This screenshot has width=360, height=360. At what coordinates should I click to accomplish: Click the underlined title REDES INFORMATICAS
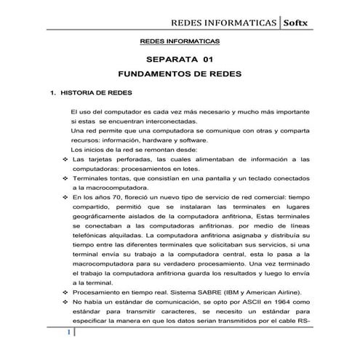coord(180,42)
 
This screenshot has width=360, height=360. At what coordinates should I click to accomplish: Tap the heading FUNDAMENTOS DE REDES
coord(180,76)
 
